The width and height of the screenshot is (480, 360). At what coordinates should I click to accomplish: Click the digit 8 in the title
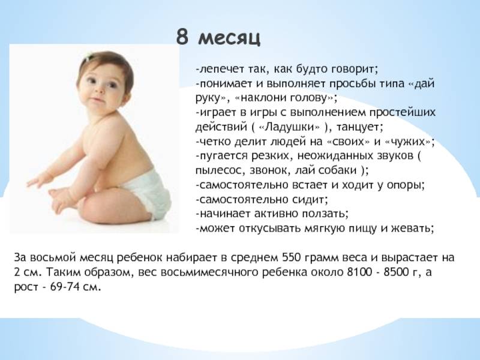click(182, 37)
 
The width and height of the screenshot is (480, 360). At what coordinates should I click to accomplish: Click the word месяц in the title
click(229, 39)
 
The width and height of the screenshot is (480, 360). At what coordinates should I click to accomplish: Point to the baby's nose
click(98, 90)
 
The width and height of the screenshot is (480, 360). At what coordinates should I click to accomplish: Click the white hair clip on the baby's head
click(88, 57)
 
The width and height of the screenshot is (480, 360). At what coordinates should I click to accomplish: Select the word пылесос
click(217, 170)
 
